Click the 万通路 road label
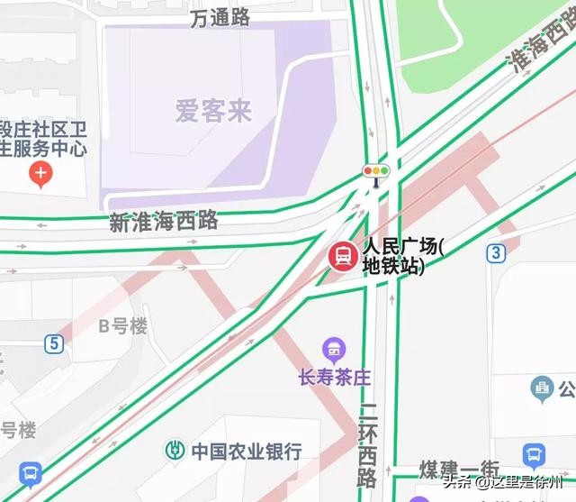(x=220, y=18)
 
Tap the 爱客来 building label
(x=213, y=112)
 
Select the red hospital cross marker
(x=40, y=174)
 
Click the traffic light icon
(x=375, y=170)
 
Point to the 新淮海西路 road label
(x=164, y=221)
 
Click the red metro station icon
(x=342, y=257)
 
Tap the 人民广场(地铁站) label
(x=403, y=256)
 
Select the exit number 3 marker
(x=496, y=252)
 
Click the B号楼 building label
(x=122, y=326)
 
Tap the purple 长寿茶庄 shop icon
(x=333, y=349)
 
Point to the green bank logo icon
(x=174, y=450)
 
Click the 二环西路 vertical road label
(x=366, y=442)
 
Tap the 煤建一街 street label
(x=459, y=470)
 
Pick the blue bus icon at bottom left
(x=31, y=471)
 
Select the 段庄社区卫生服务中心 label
(x=42, y=138)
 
